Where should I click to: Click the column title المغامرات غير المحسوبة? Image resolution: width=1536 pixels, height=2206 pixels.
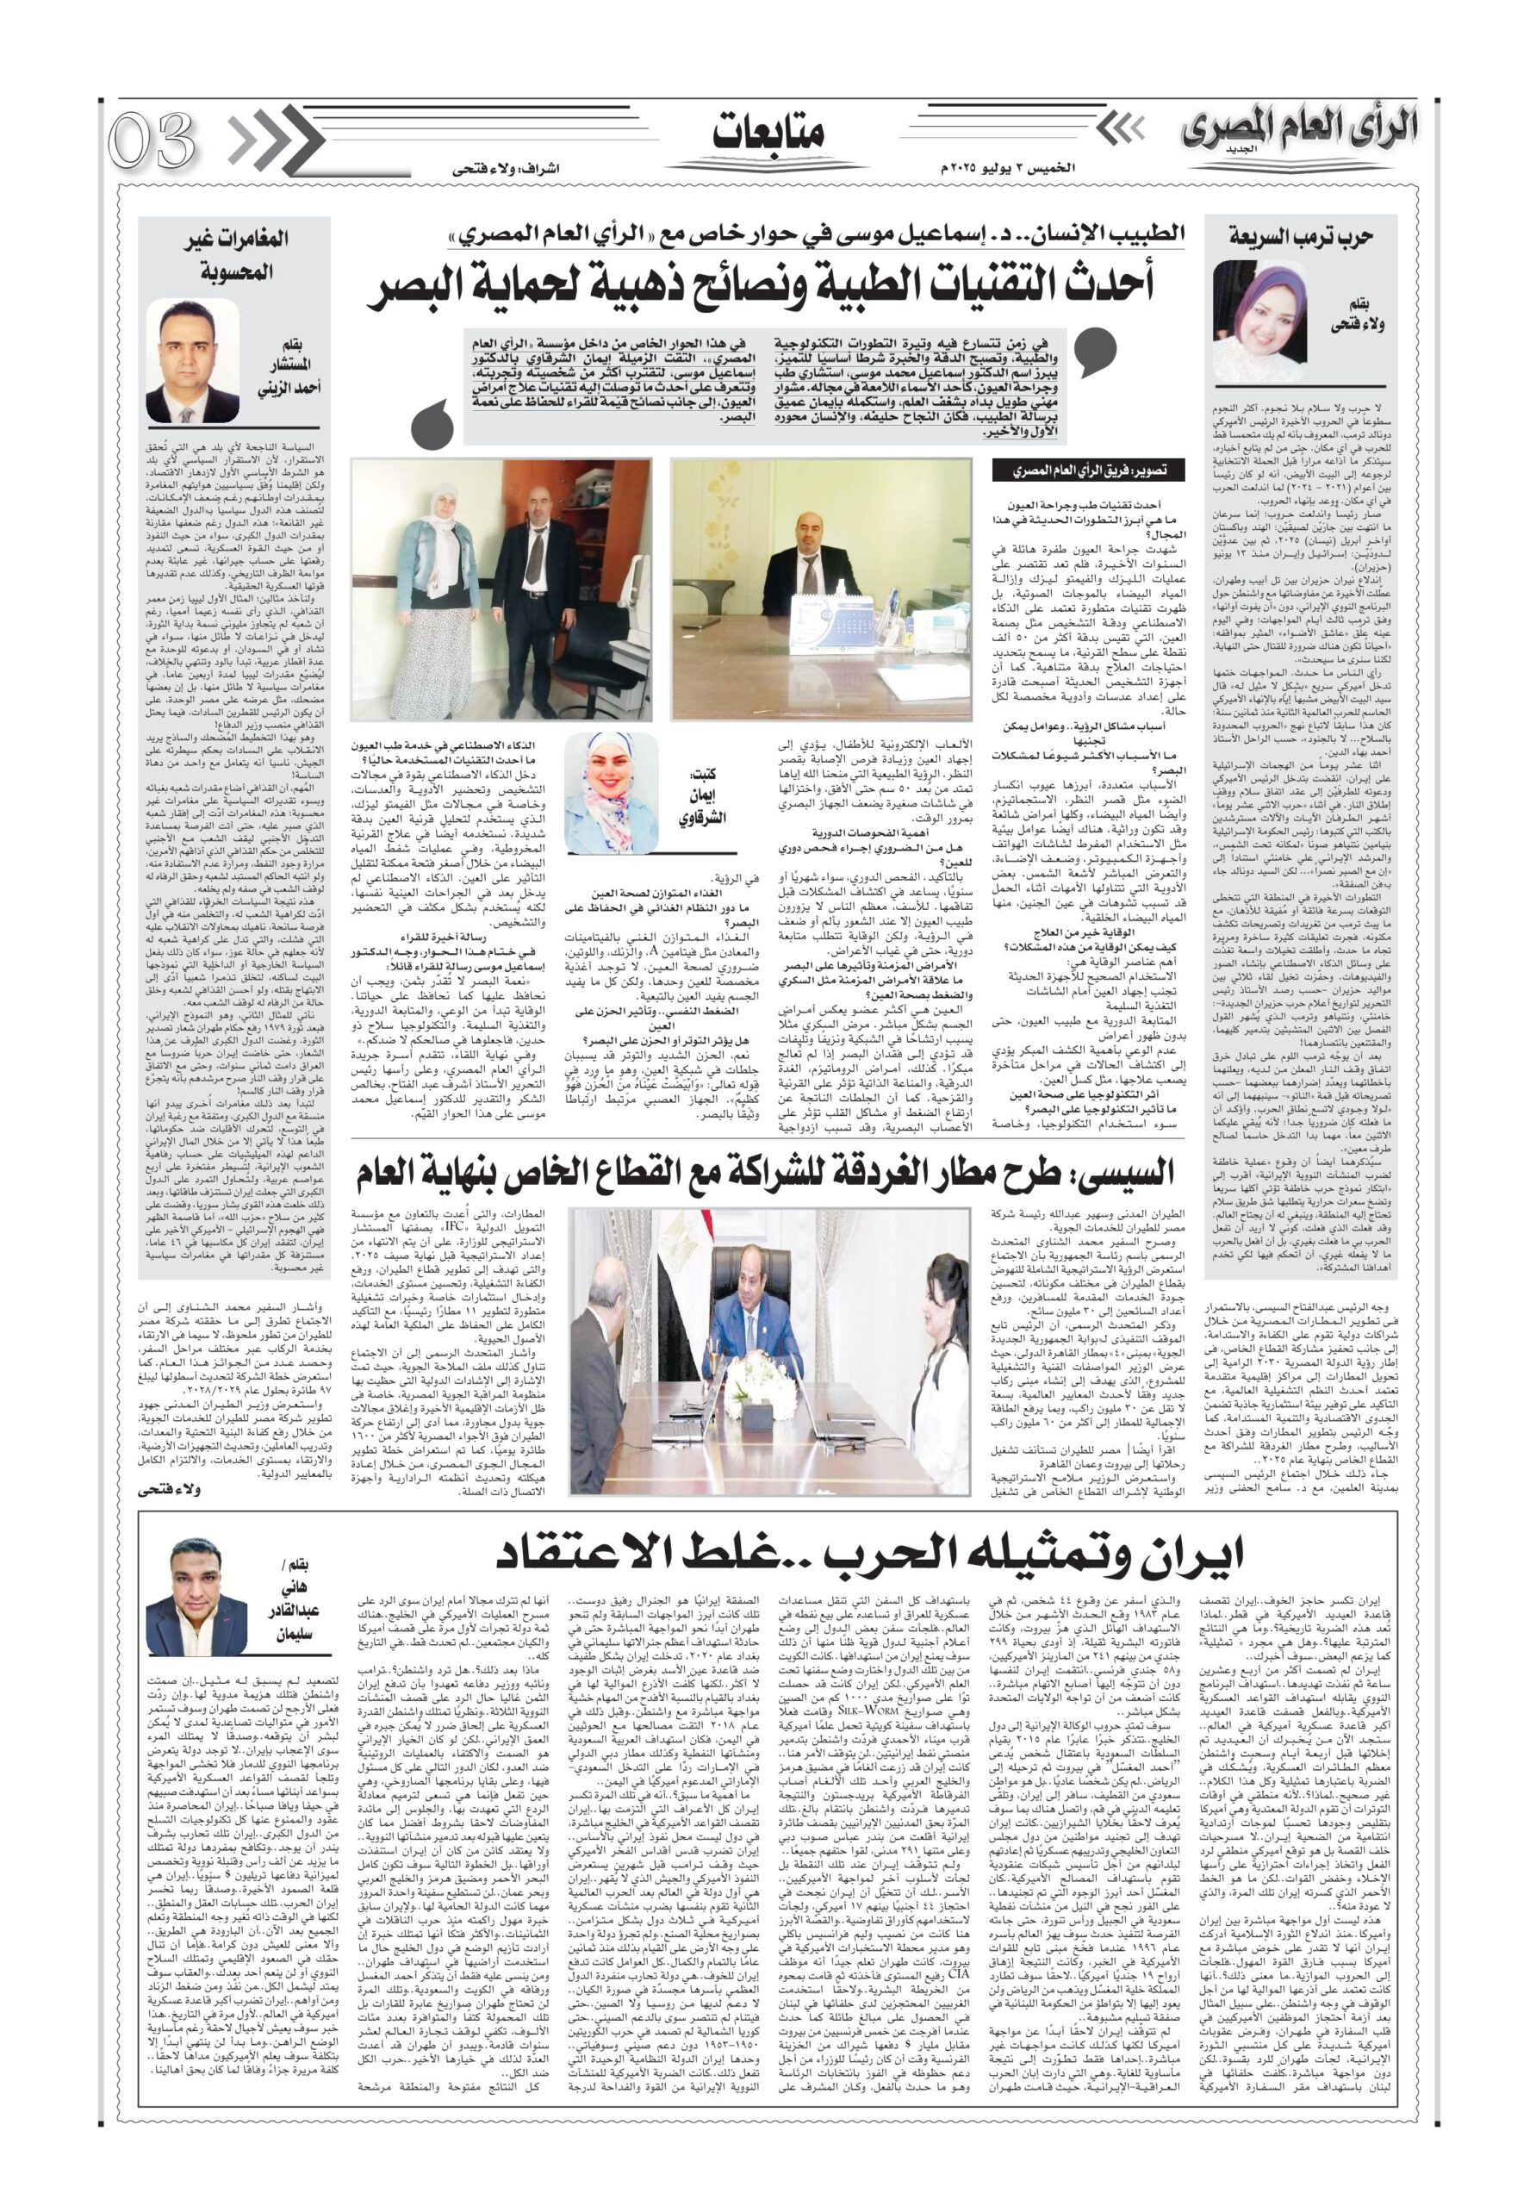coord(227,256)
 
